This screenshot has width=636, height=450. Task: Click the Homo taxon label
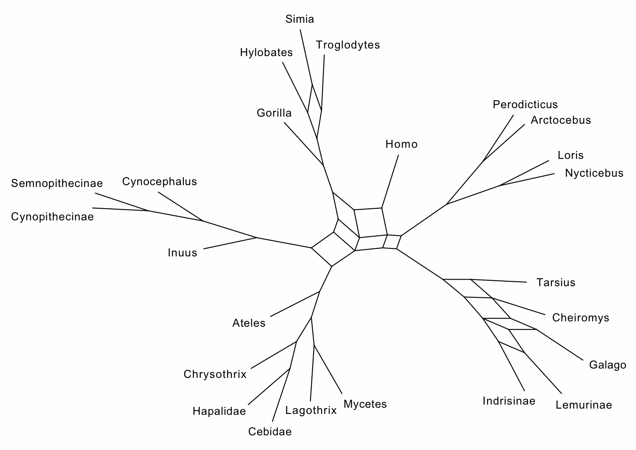(x=401, y=144)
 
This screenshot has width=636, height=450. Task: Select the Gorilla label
(x=274, y=113)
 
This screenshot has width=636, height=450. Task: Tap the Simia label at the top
(x=300, y=19)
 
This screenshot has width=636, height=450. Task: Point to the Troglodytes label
(x=348, y=45)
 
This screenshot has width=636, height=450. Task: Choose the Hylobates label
(x=266, y=53)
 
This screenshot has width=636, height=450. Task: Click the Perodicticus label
(x=525, y=105)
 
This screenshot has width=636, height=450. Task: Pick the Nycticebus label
(x=594, y=173)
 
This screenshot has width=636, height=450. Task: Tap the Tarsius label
(x=555, y=283)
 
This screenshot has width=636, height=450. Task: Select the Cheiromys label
(x=580, y=318)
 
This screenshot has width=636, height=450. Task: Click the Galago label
(x=608, y=365)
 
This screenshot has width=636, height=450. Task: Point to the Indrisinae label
(x=509, y=401)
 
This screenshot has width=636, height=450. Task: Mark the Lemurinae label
(x=584, y=405)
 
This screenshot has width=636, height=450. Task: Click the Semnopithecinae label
(x=57, y=183)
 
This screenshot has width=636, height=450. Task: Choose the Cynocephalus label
(x=159, y=182)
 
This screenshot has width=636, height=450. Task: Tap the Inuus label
(x=182, y=253)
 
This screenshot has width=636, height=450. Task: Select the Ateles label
(x=249, y=323)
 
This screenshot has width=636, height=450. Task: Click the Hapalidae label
(x=219, y=411)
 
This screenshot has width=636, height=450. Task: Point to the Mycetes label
(x=365, y=404)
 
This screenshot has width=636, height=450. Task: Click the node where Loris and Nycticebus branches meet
(x=499, y=185)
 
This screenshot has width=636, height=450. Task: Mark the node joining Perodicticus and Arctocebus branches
(x=483, y=161)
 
